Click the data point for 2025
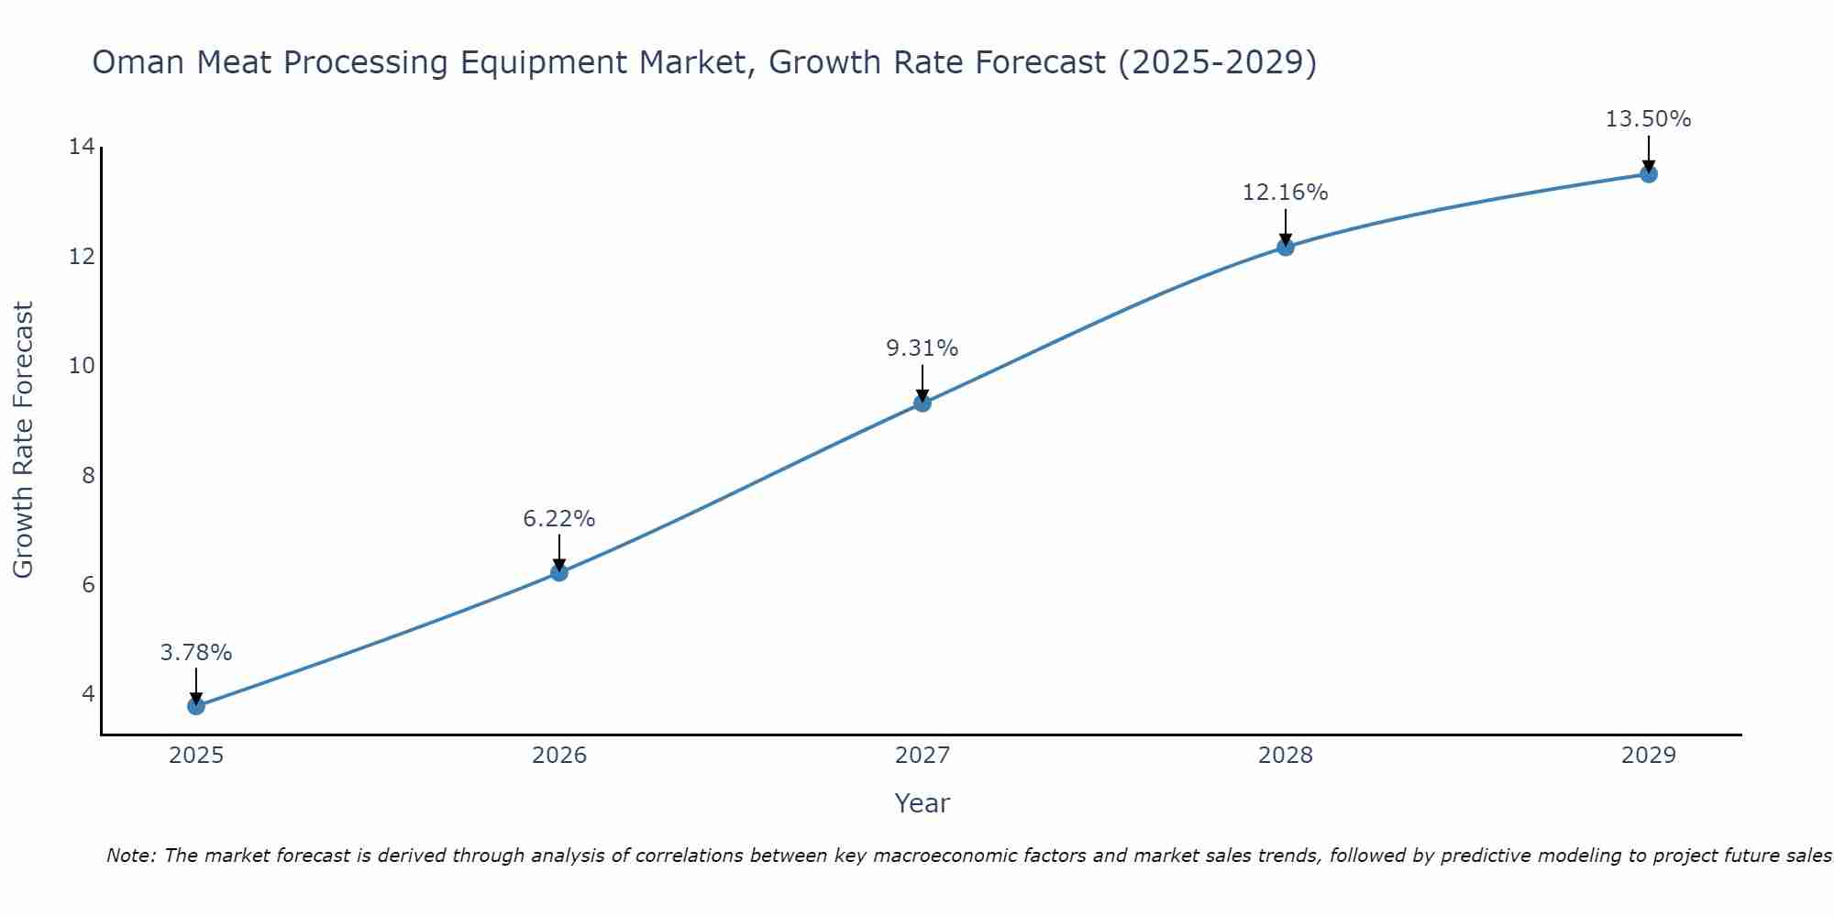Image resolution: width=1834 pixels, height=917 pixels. [x=196, y=705]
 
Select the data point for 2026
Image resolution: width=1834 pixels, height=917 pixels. [x=559, y=572]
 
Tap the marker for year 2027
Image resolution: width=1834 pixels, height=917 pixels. [x=923, y=403]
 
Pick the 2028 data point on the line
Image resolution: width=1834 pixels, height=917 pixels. [x=1286, y=247]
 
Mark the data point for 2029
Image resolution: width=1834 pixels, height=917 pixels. [x=1649, y=173]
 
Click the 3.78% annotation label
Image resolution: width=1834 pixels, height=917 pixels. [x=196, y=653]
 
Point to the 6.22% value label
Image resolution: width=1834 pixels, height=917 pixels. [x=559, y=519]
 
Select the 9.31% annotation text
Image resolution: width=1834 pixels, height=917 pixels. [x=923, y=348]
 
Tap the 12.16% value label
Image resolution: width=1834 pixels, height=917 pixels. [x=1286, y=193]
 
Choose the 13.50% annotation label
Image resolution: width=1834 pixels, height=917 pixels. [x=1649, y=119]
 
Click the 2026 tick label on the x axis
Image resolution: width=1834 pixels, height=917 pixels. [x=559, y=756]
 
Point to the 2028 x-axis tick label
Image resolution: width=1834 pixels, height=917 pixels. [x=1286, y=756]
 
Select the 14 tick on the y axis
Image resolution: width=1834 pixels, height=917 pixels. [x=82, y=147]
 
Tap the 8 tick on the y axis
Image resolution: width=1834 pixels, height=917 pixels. [x=88, y=475]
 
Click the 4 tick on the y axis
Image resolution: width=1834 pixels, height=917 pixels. [x=88, y=693]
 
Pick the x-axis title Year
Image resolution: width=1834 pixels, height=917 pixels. [x=923, y=803]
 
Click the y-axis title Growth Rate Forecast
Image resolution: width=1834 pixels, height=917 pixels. [x=23, y=440]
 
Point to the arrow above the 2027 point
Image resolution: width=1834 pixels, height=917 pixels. [x=923, y=381]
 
